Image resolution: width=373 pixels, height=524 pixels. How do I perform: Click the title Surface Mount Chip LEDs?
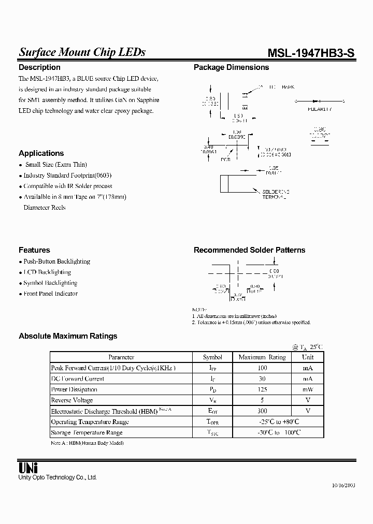82,52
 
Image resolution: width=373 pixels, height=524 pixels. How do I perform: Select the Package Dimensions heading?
231,67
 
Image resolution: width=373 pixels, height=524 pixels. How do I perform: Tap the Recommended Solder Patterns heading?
249,250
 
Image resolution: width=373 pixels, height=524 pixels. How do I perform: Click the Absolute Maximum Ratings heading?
68,336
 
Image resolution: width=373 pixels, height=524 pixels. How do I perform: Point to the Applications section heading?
41,153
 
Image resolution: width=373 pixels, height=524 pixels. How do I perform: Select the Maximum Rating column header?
262,357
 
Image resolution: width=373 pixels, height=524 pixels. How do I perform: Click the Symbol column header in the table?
212,357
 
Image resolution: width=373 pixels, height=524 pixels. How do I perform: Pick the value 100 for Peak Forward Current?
262,368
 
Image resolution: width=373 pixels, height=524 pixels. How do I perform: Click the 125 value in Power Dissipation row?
262,389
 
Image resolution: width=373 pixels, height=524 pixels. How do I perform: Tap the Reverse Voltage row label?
72,400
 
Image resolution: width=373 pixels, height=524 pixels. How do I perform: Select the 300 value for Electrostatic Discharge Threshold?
262,411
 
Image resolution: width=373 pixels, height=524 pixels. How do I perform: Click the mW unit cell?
308,389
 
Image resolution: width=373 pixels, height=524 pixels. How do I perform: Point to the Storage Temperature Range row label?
87,432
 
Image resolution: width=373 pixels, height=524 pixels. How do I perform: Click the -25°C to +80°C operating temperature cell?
279,421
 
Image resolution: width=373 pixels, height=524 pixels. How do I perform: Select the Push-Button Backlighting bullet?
56,261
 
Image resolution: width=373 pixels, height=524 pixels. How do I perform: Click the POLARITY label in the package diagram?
320,110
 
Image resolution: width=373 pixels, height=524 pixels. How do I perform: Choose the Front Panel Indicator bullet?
50,294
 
